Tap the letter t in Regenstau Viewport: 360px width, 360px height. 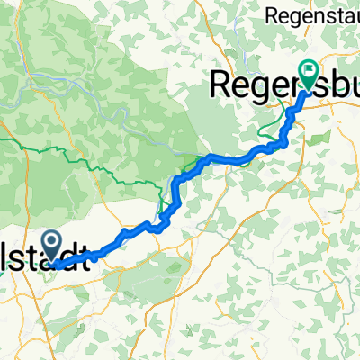pos(335,13)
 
